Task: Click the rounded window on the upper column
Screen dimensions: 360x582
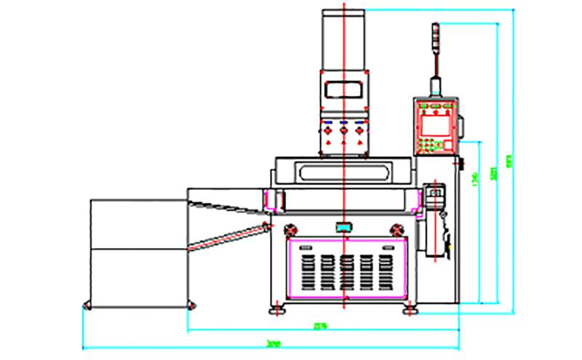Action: pyautogui.click(x=343, y=89)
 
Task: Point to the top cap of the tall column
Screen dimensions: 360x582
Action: pyautogui.click(x=343, y=10)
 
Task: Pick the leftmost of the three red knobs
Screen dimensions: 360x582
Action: pyautogui.click(x=328, y=131)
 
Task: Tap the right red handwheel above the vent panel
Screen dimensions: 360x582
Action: pyautogui.click(x=396, y=228)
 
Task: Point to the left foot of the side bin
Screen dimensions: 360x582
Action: pyautogui.click(x=88, y=304)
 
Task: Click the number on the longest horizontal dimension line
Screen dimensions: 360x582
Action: pyautogui.click(x=274, y=343)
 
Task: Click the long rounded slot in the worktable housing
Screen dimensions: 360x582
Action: pyautogui.click(x=343, y=172)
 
